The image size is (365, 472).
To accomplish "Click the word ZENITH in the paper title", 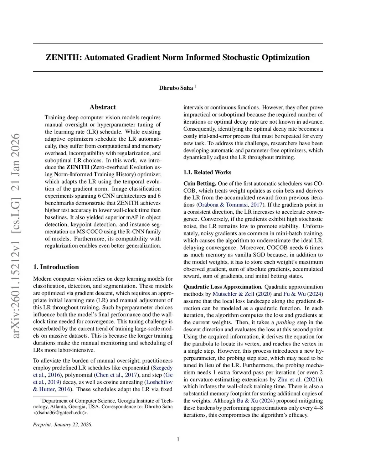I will pos(63,57).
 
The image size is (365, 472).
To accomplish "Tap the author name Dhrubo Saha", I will pos(176,88).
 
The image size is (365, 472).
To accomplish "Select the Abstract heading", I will pos(103,107).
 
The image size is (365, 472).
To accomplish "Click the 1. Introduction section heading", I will pos(56,267).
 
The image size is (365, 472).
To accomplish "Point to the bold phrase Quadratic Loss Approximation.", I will pos(223,287).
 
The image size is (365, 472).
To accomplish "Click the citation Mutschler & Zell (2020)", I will pos(242,294).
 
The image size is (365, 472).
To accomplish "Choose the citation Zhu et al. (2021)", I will pos(300,379).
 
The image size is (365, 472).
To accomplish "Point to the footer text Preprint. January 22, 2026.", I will pos(63,425).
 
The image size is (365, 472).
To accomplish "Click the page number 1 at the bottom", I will pos(178,439).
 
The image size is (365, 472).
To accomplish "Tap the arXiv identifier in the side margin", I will pos(16,235).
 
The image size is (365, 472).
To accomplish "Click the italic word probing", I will pos(285,322).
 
